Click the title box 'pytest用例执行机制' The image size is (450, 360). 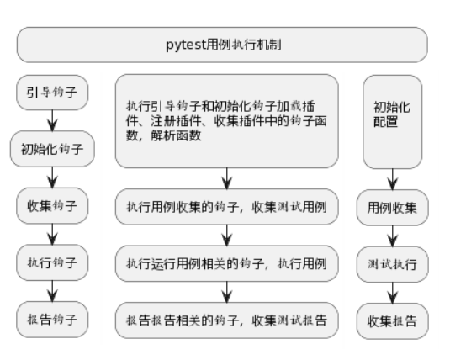coord(222,45)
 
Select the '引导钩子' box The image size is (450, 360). coord(52,93)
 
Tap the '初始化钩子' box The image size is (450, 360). coord(52,149)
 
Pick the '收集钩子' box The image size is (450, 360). coord(52,206)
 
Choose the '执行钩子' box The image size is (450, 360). coord(52,262)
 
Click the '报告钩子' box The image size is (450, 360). coord(52,320)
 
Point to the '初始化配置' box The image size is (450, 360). coord(393,122)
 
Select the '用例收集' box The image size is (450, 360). coord(393,208)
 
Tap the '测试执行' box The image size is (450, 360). coord(393,264)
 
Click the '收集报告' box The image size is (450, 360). coord(393,321)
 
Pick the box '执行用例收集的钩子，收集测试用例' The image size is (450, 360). coord(227,207)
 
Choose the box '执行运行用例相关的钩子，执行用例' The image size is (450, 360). coord(227,263)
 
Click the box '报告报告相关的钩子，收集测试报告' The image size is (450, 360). coord(227,320)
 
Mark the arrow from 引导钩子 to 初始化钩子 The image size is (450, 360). coord(52,120)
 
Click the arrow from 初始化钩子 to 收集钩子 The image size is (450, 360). coord(52,177)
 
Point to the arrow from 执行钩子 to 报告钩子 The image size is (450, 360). coord(52,291)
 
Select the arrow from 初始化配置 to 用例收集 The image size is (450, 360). coord(393,179)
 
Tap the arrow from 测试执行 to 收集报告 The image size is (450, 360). coord(393,293)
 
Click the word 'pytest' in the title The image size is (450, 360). coord(186,45)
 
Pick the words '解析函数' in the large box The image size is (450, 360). coord(176,135)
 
